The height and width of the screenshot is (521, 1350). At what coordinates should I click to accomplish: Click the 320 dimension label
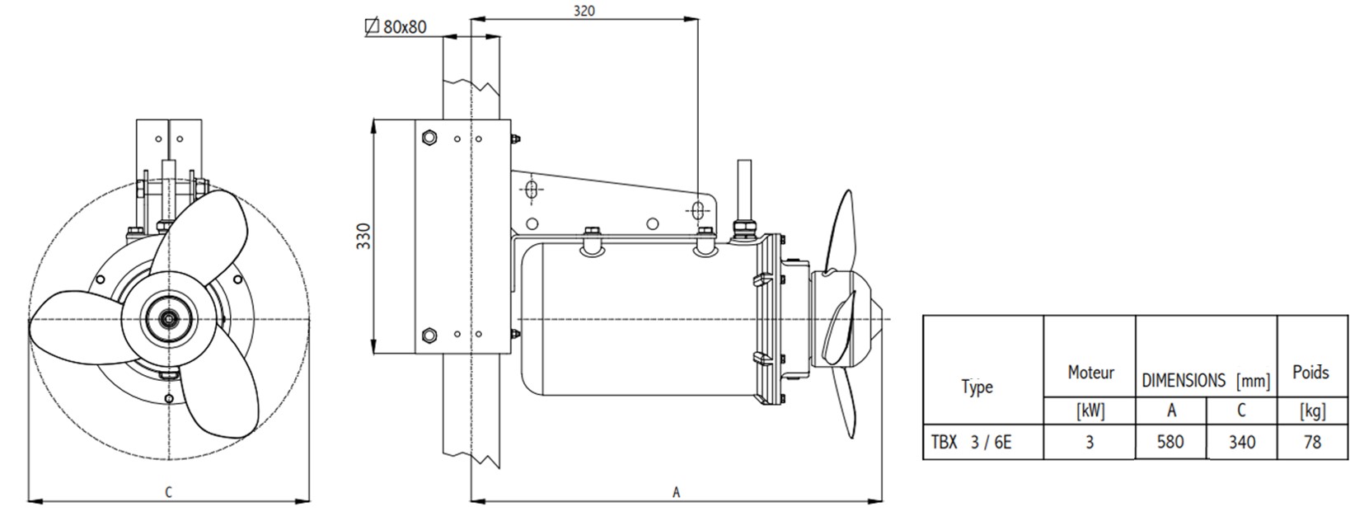(584, 11)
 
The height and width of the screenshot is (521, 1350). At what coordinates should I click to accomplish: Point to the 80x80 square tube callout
(396, 27)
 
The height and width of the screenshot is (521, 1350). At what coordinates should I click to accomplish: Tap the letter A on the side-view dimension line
(676, 492)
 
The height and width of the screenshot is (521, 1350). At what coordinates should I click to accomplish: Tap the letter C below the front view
(168, 492)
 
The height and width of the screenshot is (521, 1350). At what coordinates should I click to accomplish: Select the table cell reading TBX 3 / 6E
(971, 442)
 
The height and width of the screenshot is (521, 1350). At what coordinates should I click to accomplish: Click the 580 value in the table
(1170, 442)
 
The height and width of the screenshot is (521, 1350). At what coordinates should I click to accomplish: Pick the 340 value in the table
(1241, 442)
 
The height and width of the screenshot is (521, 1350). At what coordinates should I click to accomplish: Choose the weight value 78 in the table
(1312, 442)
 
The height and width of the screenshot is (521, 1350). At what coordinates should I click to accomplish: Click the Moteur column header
(1090, 373)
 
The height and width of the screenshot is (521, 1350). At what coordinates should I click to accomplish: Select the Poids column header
(1310, 373)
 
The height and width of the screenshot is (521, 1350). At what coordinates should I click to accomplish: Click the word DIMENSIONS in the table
(1183, 381)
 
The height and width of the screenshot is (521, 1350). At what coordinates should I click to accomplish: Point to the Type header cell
(977, 387)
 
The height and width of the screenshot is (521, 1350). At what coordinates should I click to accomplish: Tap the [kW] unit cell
(1090, 411)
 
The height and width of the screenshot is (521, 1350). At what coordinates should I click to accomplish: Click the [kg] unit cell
(1311, 411)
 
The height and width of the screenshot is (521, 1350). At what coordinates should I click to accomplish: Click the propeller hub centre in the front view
(170, 318)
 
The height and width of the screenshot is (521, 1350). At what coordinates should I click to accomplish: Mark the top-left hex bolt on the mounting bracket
(429, 136)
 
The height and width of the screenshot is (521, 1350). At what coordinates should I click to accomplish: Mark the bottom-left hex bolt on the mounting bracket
(429, 335)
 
